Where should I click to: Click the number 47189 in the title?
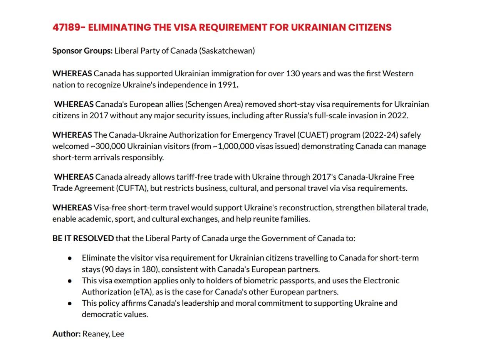click(x=67, y=27)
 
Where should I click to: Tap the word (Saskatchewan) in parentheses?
click(x=227, y=50)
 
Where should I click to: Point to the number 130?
click(x=292, y=73)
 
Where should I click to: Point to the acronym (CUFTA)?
click(x=131, y=188)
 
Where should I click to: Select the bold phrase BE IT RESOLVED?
click(x=83, y=238)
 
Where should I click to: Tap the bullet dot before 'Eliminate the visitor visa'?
click(x=70, y=258)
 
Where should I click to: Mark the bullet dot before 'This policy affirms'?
click(x=70, y=303)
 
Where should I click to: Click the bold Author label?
click(x=66, y=334)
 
